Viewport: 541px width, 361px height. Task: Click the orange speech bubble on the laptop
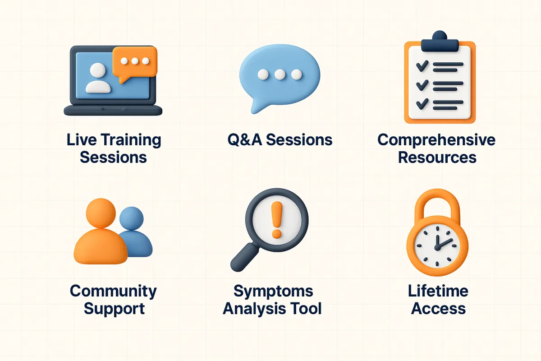(135, 63)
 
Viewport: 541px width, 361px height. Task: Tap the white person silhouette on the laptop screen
(98, 78)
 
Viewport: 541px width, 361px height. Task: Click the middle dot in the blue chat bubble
(280, 74)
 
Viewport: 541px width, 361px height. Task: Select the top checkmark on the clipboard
(422, 66)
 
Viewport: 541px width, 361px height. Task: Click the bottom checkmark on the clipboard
(422, 104)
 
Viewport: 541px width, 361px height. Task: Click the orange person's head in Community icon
(101, 213)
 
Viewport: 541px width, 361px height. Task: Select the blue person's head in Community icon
(131, 218)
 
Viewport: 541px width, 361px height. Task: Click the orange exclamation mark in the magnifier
(277, 220)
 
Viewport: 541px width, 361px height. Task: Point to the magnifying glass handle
(244, 257)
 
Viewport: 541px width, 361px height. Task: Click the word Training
(131, 140)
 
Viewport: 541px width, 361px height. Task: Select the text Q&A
(245, 140)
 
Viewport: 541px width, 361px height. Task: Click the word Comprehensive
(436, 140)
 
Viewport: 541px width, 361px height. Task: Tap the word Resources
(437, 157)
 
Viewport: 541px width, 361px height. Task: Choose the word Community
(113, 292)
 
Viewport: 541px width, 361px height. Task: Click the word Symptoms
(273, 292)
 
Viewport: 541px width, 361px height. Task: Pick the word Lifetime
(438, 291)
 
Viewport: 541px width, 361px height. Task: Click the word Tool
(306, 309)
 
